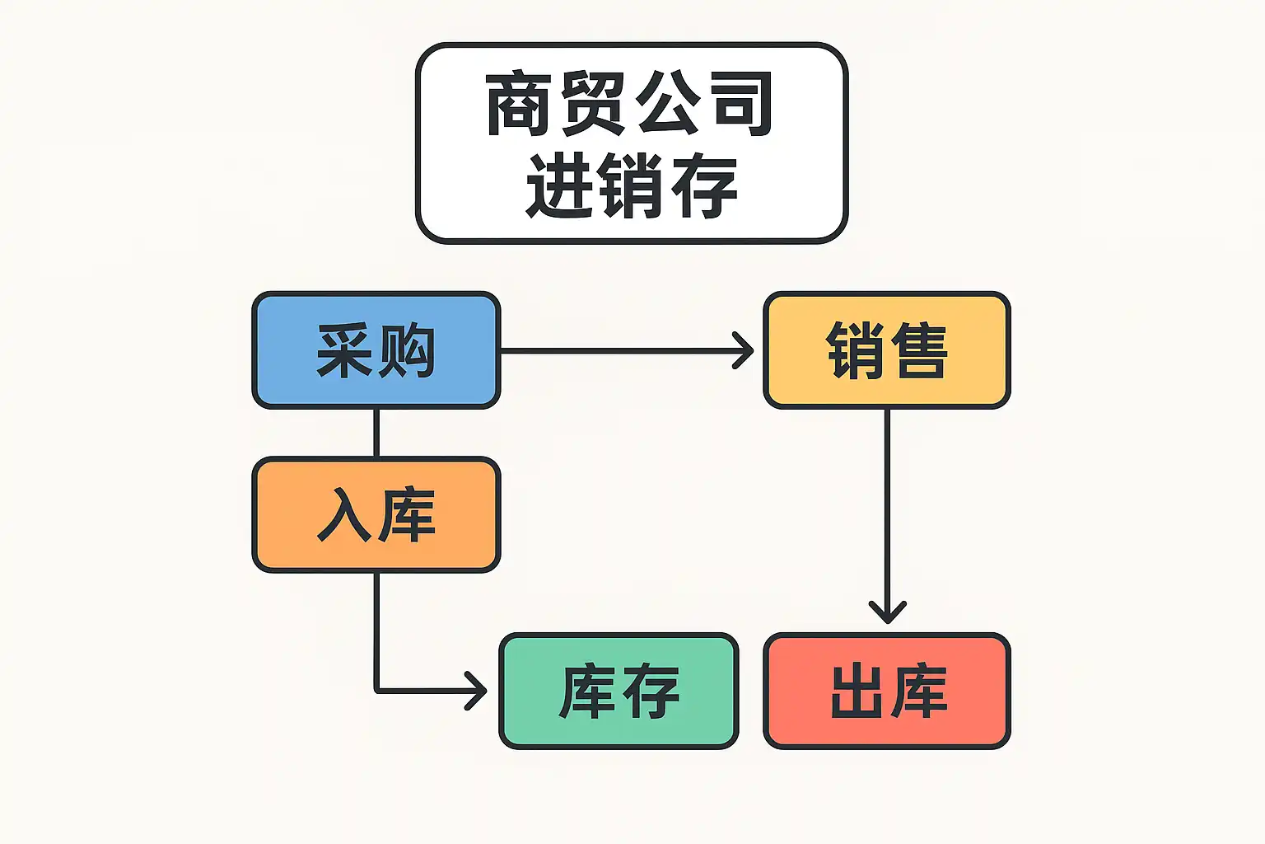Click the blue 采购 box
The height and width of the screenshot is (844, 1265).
pos(376,350)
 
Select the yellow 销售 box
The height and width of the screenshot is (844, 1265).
pos(887,350)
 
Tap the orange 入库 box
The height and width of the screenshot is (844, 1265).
pos(376,515)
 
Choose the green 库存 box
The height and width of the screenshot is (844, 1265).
pos(618,691)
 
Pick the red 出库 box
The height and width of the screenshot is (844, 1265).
pos(887,691)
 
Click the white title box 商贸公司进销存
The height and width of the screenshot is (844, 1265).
pos(632,143)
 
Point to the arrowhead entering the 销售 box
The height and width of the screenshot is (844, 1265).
pos(745,350)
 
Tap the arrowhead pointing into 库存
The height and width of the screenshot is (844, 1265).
pos(478,691)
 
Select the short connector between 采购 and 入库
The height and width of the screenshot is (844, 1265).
pos(376,433)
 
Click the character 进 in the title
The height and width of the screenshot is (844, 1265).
pos(558,185)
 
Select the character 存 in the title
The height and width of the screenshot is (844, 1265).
pos(704,185)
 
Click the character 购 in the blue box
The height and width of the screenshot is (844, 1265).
pos(408,350)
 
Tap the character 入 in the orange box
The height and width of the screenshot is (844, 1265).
pos(344,515)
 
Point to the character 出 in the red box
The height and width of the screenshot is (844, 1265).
pos(857,691)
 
